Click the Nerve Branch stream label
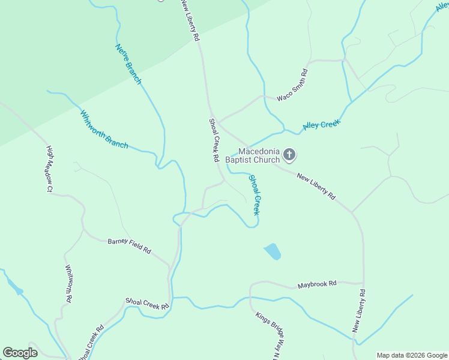(x=128, y=64)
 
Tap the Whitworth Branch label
(x=104, y=129)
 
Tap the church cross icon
(x=289, y=155)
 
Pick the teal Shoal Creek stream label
(x=255, y=195)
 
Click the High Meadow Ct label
(x=50, y=169)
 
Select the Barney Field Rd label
(x=129, y=245)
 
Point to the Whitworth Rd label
(x=69, y=283)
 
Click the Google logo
(x=20, y=353)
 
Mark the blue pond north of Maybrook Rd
(x=273, y=251)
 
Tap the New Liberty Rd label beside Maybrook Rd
(x=358, y=311)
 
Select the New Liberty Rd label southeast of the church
(x=315, y=185)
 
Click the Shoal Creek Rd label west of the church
(x=214, y=140)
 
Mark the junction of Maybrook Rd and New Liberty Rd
(x=363, y=283)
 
